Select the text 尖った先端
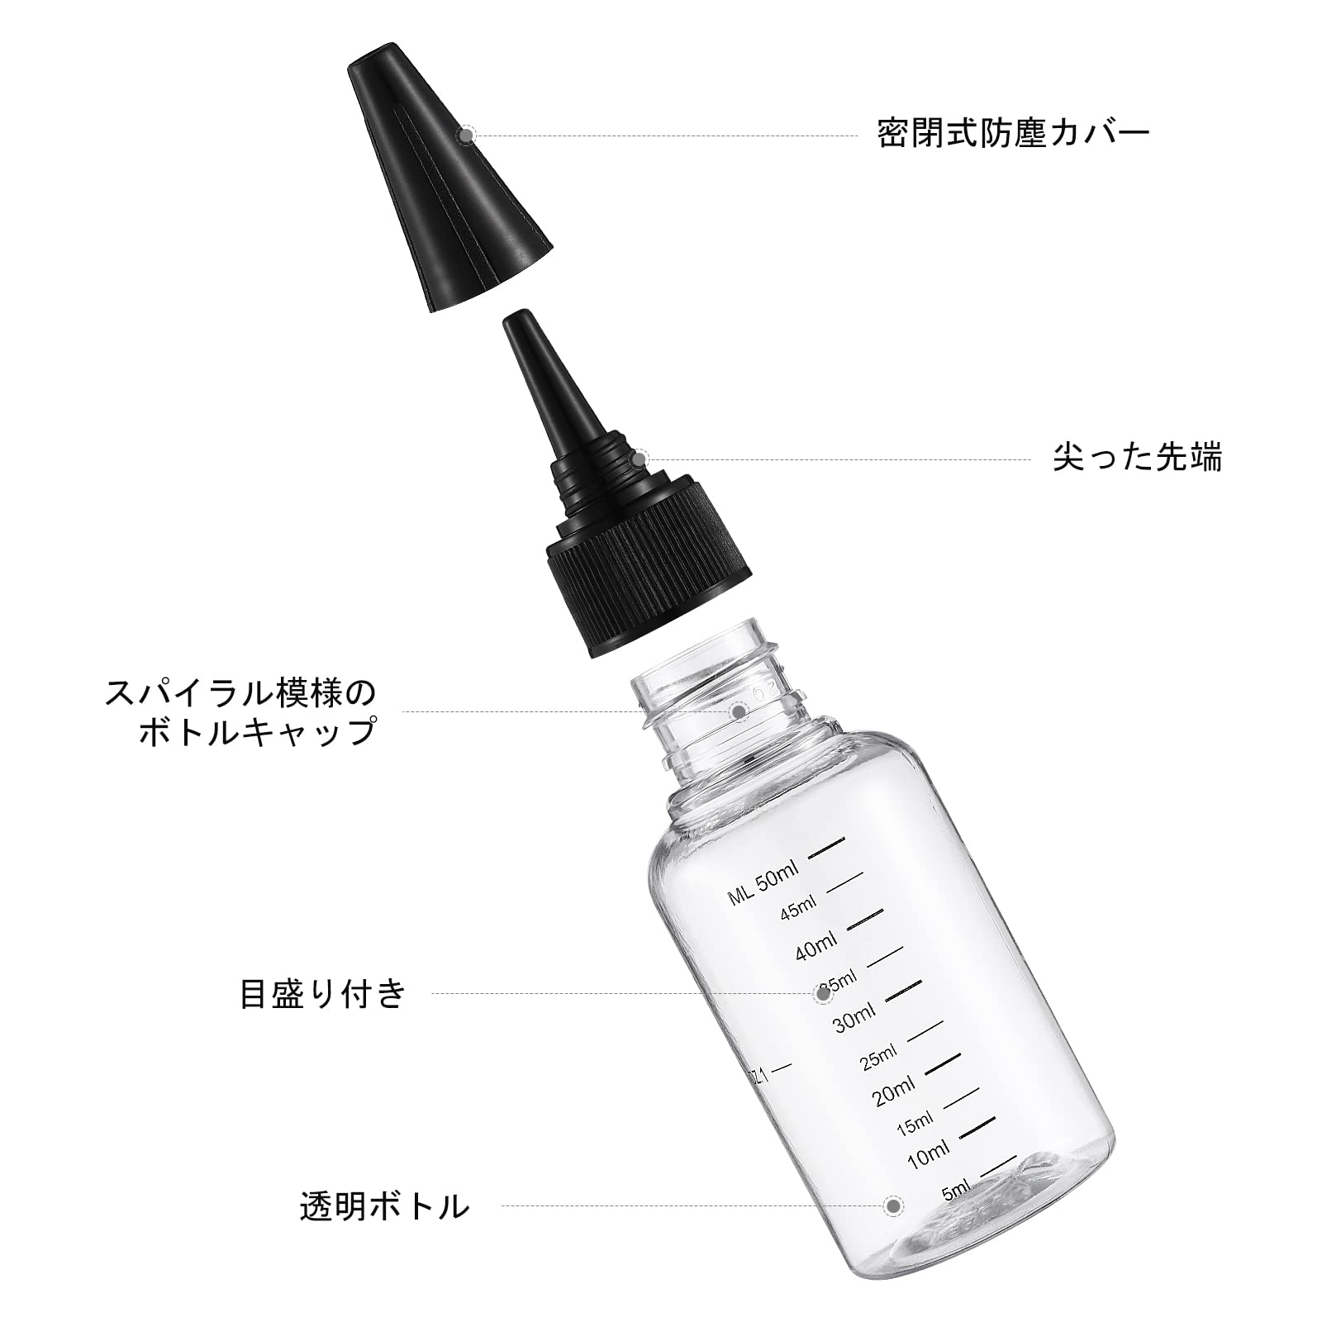point(1137,458)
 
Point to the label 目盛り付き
point(323,993)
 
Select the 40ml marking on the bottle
point(816,947)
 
